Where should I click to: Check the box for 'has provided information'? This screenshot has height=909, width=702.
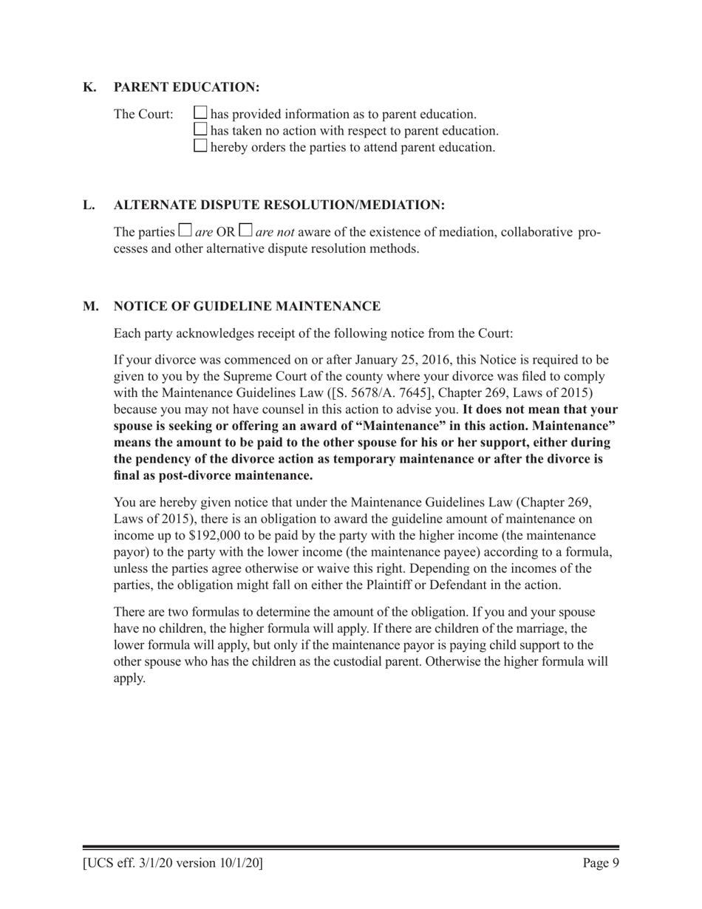(200, 114)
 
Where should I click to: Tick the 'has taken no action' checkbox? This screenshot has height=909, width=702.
(200, 130)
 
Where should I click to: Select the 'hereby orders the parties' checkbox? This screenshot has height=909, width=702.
(200, 146)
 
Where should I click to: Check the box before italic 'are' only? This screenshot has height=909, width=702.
(186, 232)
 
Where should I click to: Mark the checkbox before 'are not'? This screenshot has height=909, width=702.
(246, 232)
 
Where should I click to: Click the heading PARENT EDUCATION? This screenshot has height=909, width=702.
(186, 87)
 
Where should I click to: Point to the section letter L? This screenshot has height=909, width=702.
(89, 204)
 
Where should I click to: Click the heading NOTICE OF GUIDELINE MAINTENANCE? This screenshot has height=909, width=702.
(247, 306)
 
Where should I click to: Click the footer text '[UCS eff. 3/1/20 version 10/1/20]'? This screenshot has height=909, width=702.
(173, 862)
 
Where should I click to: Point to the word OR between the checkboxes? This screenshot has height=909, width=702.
(225, 233)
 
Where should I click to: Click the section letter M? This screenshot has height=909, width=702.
(90, 306)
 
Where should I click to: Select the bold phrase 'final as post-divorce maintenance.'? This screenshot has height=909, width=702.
(213, 475)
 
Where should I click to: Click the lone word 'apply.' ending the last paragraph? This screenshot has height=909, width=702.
(129, 678)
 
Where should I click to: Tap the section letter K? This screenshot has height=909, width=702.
(89, 87)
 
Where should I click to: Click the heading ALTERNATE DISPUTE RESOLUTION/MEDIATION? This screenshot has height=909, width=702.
(279, 204)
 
